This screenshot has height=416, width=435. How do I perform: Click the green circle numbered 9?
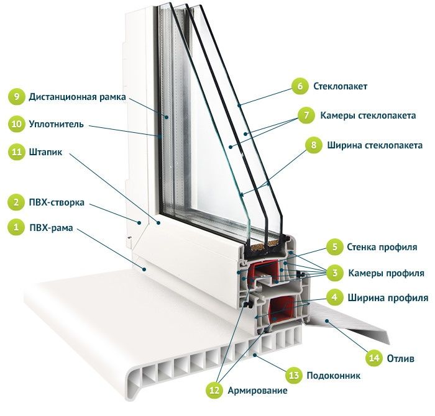(x=16, y=97)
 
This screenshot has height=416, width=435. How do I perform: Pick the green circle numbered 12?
(x=215, y=390)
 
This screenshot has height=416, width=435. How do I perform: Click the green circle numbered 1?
(x=16, y=228)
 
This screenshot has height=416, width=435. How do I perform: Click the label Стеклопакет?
(x=341, y=86)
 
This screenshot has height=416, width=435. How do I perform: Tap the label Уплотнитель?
(x=56, y=124)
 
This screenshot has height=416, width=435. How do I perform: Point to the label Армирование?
(x=257, y=391)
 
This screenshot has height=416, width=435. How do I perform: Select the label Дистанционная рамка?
(x=78, y=97)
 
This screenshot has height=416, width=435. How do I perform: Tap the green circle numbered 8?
(x=314, y=145)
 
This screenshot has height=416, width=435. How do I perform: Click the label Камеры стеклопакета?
(x=369, y=115)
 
